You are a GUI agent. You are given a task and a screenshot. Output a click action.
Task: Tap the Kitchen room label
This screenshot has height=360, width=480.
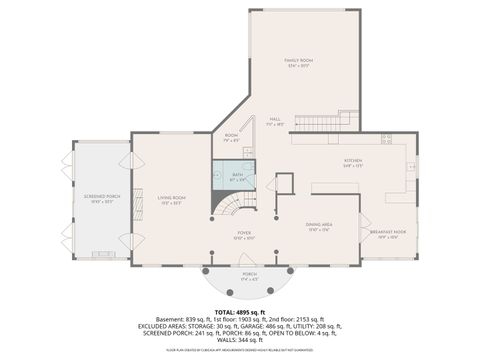click(x=353, y=162)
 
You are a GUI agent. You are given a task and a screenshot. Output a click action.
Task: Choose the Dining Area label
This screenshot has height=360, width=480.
click(x=319, y=229)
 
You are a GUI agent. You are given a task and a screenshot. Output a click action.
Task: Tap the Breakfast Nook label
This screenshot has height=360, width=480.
click(x=384, y=235)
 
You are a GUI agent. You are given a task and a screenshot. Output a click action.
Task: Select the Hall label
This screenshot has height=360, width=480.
click(x=274, y=121)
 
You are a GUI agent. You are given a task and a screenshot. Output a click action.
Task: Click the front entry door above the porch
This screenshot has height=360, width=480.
click(x=249, y=265)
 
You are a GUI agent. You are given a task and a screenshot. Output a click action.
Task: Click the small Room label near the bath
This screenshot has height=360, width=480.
click(x=232, y=137)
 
